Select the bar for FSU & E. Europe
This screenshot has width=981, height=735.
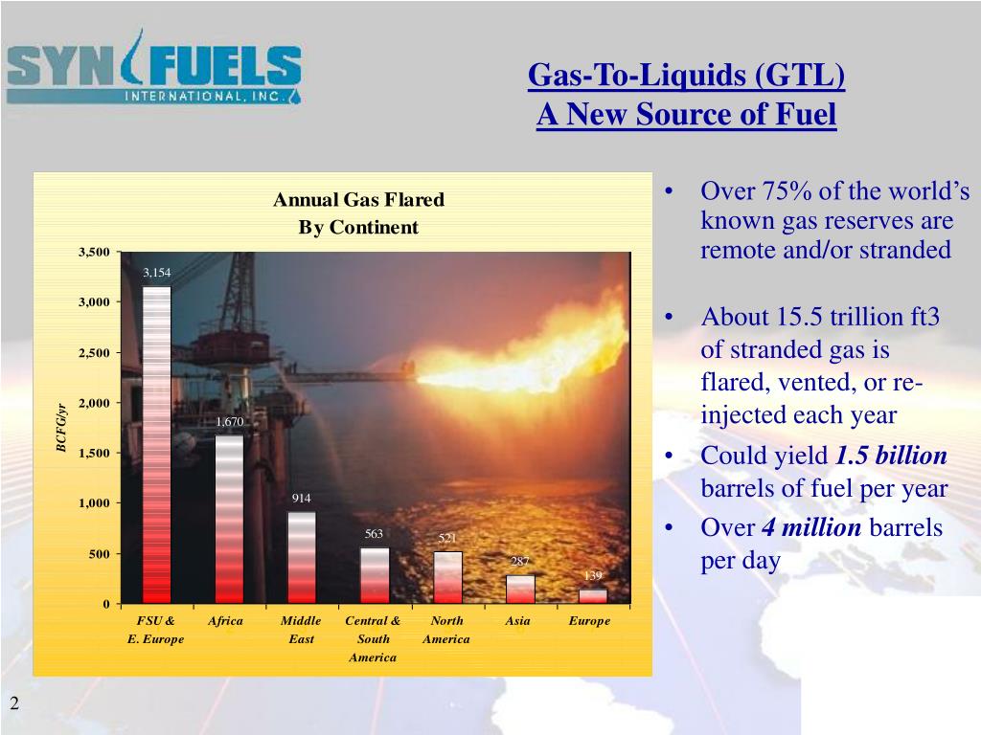coord(156,445)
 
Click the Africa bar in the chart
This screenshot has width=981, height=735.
coord(229,520)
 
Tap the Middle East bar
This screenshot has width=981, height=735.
coord(302,558)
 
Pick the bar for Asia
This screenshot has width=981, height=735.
coord(520,589)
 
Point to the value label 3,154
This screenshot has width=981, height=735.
coord(156,273)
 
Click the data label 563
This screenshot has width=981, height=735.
coord(374,534)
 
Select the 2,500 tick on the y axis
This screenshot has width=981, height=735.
coord(94,352)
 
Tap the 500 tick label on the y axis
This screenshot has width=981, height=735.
coord(101,554)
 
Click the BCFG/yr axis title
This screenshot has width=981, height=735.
coord(60,428)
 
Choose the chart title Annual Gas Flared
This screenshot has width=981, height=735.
coord(358,200)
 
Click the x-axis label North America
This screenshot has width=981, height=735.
coord(447,630)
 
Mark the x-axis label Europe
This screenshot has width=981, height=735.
coord(589,621)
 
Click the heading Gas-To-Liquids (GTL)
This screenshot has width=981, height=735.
coord(686,75)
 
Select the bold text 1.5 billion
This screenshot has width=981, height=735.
coord(891,456)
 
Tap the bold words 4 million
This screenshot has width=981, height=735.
coord(811,527)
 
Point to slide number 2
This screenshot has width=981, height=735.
coord(15,705)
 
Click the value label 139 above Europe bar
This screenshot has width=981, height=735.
coord(593,576)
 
